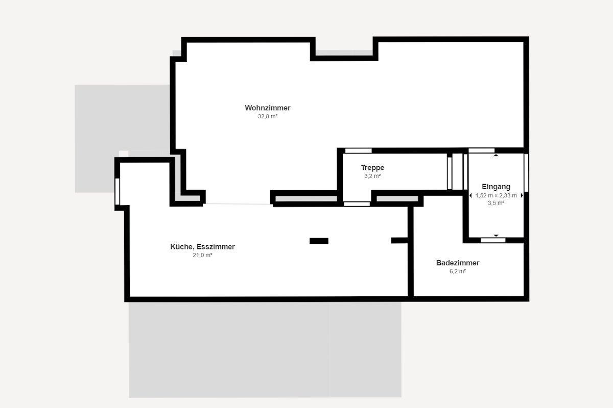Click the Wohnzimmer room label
pos(267,108)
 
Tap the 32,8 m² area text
pos(267,116)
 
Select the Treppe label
pos(372,167)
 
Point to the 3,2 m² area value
pos(372,176)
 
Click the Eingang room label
pos(496,187)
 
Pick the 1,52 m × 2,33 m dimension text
pos(496,195)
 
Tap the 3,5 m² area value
pos(496,203)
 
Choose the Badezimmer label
pos(458,263)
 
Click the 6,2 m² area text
pos(458,271)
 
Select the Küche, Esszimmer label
pos(202,247)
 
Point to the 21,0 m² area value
pos(202,255)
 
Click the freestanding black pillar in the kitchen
pos(319,241)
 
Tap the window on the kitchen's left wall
pos(117,191)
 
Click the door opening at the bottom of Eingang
pos(493,240)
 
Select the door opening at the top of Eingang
pos(481,150)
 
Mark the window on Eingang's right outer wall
pos(526,173)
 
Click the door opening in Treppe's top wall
pos(358,151)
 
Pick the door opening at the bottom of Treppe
pos(357,204)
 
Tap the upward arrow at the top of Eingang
pos(496,155)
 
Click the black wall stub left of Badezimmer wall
pos(399,241)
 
